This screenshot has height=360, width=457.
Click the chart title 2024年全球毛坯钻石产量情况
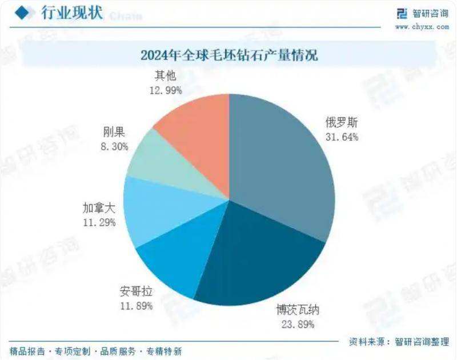[228, 56]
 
